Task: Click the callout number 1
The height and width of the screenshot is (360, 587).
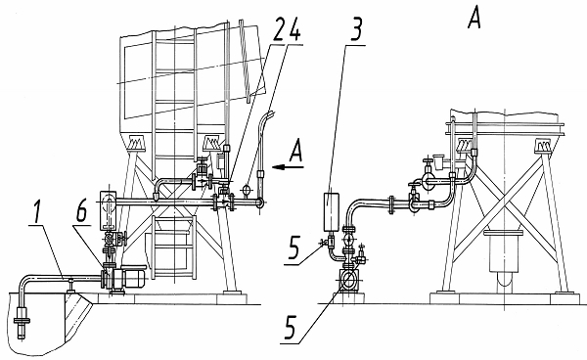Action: pyautogui.click(x=37, y=211)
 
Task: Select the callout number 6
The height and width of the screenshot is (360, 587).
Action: pyautogui.click(x=81, y=211)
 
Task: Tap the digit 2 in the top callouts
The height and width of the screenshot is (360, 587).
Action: pyautogui.click(x=280, y=29)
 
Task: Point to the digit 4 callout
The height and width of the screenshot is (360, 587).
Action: pyautogui.click(x=294, y=29)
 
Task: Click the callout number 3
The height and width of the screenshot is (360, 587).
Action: pyautogui.click(x=356, y=29)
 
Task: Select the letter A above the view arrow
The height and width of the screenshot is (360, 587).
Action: pyautogui.click(x=295, y=150)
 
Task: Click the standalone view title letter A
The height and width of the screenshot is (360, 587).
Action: pyautogui.click(x=474, y=19)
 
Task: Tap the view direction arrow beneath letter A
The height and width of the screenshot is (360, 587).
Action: pyautogui.click(x=288, y=167)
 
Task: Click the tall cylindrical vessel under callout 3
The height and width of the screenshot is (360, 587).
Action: pyautogui.click(x=331, y=212)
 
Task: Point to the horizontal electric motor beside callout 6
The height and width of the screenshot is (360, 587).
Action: pyautogui.click(x=130, y=276)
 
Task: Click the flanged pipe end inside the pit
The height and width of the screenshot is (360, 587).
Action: pyautogui.click(x=23, y=322)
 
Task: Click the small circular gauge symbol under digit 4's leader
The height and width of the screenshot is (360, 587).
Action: pyautogui.click(x=247, y=189)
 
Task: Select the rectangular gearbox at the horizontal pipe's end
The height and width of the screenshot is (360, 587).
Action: pyautogui.click(x=109, y=210)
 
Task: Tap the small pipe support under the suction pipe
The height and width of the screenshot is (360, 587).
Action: pyautogui.click(x=70, y=285)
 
